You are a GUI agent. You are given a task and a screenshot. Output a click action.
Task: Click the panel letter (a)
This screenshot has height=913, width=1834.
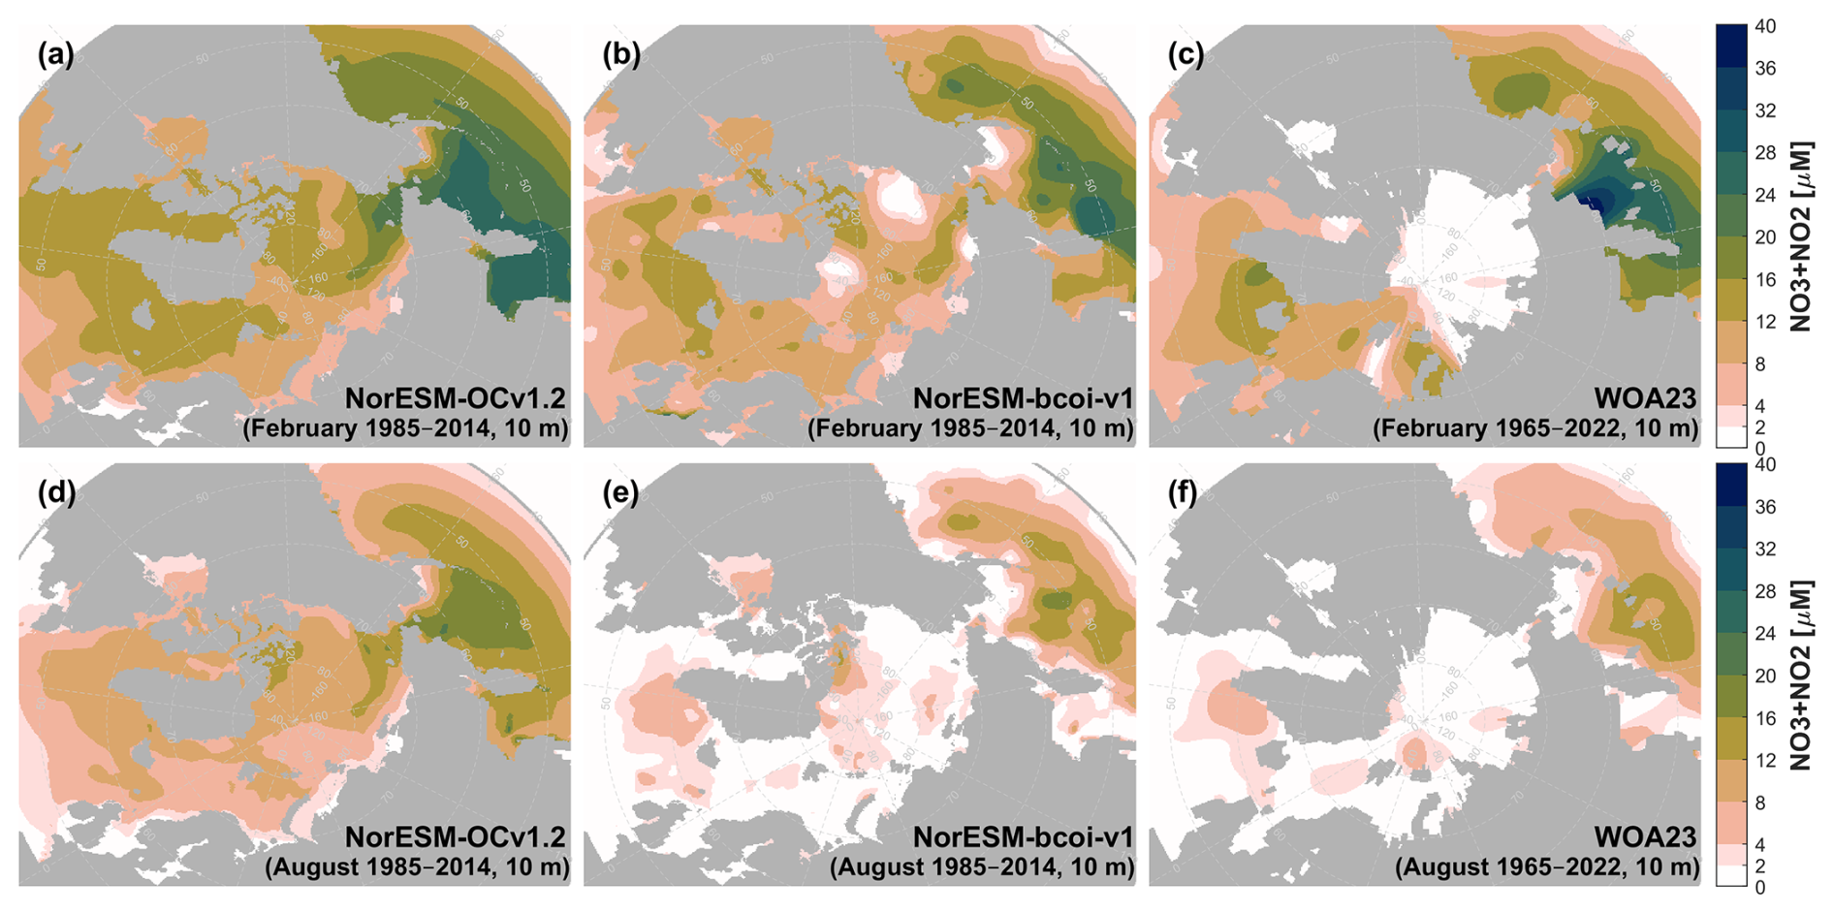point(55,54)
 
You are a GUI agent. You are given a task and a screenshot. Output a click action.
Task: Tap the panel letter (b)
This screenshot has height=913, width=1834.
point(621,54)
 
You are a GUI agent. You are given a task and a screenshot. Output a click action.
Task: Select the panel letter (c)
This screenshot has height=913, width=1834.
point(1186,54)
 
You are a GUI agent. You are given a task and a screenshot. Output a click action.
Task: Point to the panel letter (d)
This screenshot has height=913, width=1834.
point(55,492)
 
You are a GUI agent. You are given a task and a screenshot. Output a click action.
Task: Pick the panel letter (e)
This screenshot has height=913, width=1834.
point(621,492)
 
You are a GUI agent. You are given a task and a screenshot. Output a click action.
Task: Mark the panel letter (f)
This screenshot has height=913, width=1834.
point(1185,492)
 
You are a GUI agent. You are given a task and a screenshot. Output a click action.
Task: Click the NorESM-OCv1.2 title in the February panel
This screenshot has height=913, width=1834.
point(456,398)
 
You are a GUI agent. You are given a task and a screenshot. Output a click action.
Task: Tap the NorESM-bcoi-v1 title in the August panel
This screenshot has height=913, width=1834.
point(1023,836)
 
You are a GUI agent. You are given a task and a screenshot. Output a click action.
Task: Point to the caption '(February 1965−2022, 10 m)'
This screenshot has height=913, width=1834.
point(1535,428)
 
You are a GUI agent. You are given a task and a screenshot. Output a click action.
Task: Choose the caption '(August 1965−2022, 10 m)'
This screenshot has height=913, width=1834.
point(1547,866)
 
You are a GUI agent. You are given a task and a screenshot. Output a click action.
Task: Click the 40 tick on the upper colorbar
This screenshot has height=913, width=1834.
point(1765,27)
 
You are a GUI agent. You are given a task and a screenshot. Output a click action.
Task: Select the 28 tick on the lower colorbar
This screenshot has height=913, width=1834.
point(1765,591)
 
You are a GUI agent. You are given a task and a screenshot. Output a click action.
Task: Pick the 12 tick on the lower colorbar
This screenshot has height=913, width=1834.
point(1765,761)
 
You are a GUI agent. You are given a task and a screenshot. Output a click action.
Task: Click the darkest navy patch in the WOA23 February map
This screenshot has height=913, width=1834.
point(1590,201)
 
